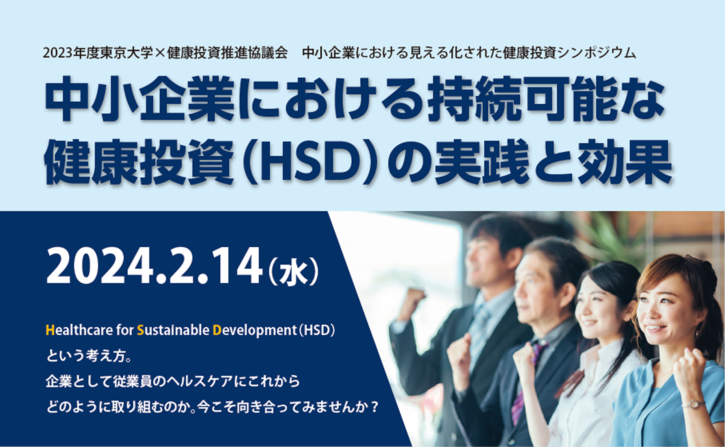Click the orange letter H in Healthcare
[x=50, y=330]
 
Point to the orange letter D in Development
[x=217, y=330]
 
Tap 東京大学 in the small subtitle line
[x=126, y=53]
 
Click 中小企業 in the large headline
[x=140, y=100]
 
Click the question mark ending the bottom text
[x=374, y=407]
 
